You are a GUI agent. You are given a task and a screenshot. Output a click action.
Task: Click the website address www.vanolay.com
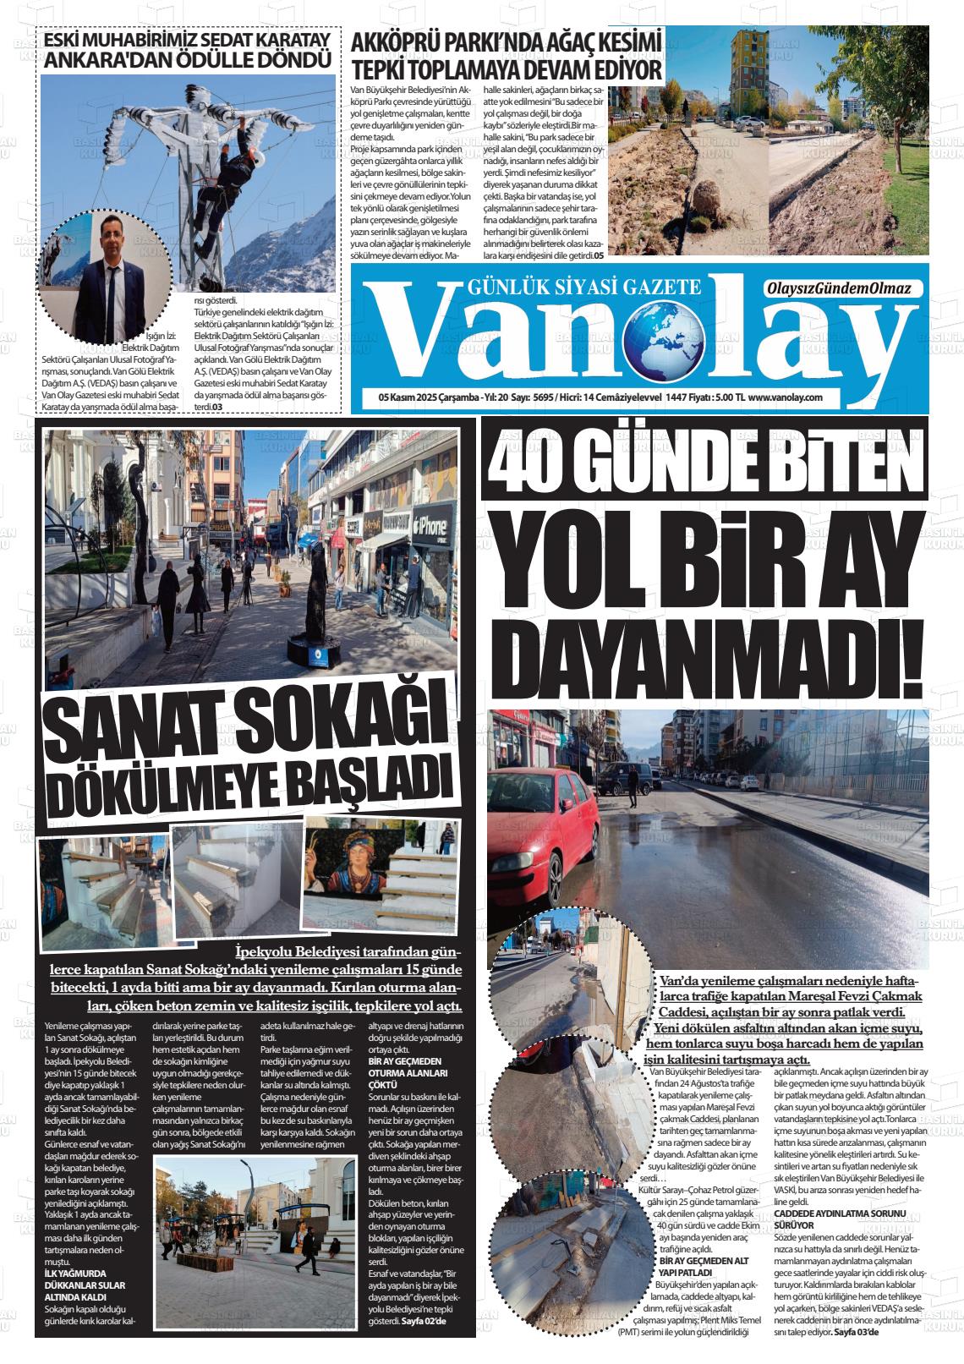[786, 397]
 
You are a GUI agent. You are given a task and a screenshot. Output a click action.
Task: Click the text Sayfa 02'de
[424, 1321]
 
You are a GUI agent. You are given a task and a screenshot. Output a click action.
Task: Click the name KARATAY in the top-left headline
[278, 41]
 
